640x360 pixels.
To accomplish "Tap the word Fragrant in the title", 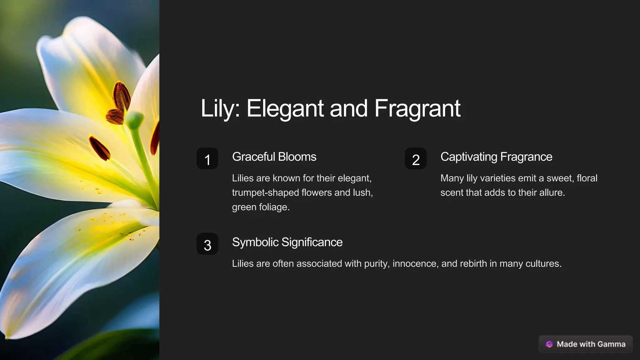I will (x=417, y=108).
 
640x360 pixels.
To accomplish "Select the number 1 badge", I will (x=207, y=159).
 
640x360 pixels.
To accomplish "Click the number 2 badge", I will (x=416, y=159).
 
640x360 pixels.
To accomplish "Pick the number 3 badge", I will (x=207, y=244).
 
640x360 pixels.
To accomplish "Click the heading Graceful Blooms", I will (x=274, y=157).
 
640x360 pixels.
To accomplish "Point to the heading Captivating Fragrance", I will (x=496, y=157).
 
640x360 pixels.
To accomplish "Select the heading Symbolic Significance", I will (x=287, y=242).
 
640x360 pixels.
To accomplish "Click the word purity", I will (x=377, y=263).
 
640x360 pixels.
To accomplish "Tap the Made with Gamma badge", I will (x=586, y=344).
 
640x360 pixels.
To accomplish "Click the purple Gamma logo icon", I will (x=549, y=344).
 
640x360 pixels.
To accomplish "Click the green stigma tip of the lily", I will (x=134, y=120).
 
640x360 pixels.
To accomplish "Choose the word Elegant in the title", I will (x=285, y=108).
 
